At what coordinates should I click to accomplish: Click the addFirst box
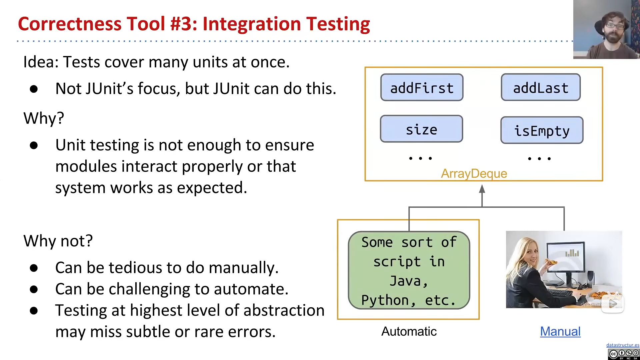[422, 87]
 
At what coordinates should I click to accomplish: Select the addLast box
[541, 87]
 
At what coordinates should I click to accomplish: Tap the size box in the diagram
[421, 129]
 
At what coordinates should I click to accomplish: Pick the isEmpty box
[542, 130]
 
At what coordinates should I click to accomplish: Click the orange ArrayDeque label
[474, 174]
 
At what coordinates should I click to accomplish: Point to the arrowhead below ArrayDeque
[482, 189]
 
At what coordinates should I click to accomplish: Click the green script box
[409, 270]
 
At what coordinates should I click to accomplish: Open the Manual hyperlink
[560, 331]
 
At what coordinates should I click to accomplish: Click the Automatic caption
[409, 331]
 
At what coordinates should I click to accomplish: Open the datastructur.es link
[623, 345]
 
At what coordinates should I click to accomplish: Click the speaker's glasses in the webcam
[615, 25]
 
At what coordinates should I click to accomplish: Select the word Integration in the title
[252, 24]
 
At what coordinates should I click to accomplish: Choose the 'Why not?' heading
[58, 241]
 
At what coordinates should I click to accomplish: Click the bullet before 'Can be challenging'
[34, 289]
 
